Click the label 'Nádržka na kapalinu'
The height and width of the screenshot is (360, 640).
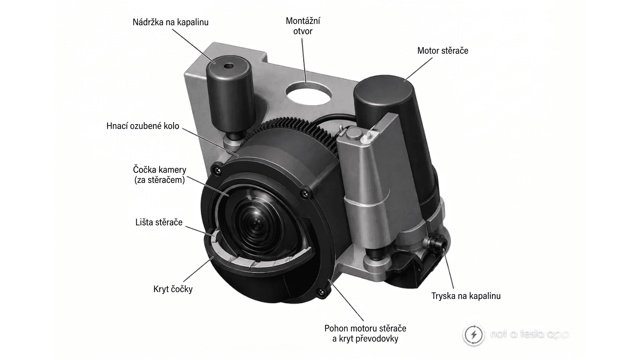tap(170, 22)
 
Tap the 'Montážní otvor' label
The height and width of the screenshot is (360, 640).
tap(303, 26)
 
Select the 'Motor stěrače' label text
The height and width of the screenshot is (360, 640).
tap(443, 51)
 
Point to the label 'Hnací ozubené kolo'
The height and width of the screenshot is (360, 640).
tap(143, 126)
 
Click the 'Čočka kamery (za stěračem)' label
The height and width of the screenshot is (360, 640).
tap(159, 175)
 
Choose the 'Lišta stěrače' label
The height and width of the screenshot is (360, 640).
tap(159, 222)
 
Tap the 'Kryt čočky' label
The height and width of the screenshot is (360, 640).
tap(173, 289)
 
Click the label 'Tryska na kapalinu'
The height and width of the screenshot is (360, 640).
tap(466, 296)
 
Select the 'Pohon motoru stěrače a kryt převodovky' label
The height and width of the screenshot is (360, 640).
tap(365, 334)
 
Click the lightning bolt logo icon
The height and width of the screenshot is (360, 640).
tap(474, 334)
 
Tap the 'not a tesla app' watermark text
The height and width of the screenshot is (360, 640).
tap(529, 334)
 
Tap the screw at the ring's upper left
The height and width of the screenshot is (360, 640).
tap(218, 170)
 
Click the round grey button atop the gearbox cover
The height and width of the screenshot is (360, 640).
tap(353, 133)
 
